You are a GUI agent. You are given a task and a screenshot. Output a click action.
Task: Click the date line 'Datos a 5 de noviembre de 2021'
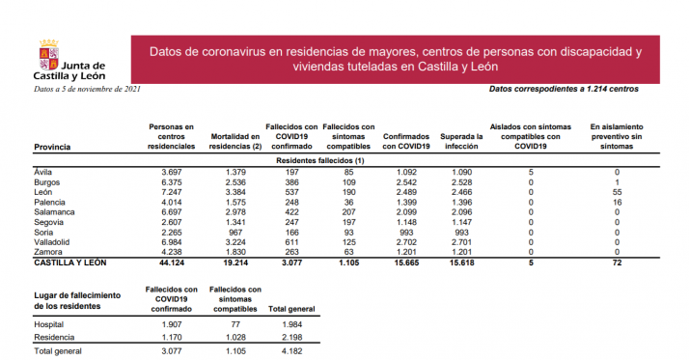(86, 90)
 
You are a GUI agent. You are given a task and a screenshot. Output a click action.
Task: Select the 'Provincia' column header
(52, 146)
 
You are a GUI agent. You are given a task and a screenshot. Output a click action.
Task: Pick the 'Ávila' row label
(43, 171)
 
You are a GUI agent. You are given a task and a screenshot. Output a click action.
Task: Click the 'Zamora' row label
(48, 251)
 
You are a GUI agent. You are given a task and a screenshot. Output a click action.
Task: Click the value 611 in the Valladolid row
(290, 241)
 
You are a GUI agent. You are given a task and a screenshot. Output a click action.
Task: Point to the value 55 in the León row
(616, 191)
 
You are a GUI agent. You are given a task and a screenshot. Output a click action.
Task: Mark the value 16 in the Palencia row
(616, 202)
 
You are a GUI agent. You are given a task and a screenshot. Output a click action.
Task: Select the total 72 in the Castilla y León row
(616, 263)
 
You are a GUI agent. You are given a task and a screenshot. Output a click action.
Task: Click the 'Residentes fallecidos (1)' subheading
(319, 158)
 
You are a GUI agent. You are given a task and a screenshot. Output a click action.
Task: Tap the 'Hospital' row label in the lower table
(48, 324)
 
